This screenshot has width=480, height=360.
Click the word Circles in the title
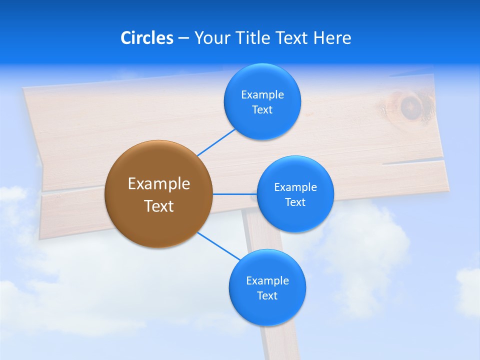pyautogui.click(x=147, y=37)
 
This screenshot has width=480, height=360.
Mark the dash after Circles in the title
pyautogui.click(x=183, y=38)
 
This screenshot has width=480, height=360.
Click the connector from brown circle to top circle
pyautogui.click(x=216, y=142)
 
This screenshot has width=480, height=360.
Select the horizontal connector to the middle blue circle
pyautogui.click(x=234, y=194)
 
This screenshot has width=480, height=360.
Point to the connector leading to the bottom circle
pyautogui.click(x=218, y=246)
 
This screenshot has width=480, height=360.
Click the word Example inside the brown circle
pyautogui.click(x=158, y=183)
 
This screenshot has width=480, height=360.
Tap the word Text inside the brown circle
pyautogui.click(x=158, y=206)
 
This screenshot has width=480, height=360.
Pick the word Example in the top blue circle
pyautogui.click(x=262, y=94)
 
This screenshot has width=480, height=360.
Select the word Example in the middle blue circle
pyautogui.click(x=295, y=187)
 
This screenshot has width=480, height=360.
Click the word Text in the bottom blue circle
pyautogui.click(x=267, y=295)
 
